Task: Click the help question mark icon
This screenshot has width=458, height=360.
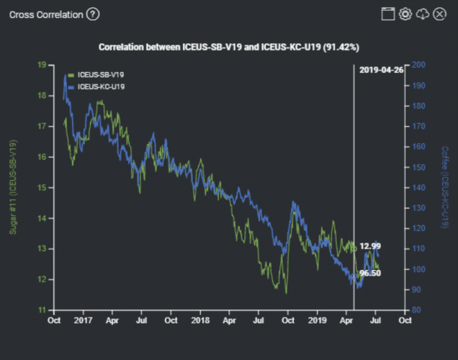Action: click(x=93, y=14)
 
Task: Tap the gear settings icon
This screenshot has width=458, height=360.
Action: click(x=405, y=14)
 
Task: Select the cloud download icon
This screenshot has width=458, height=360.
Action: click(x=423, y=14)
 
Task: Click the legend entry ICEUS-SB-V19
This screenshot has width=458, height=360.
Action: click(x=101, y=75)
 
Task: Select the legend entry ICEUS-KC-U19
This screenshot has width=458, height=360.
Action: click(x=101, y=86)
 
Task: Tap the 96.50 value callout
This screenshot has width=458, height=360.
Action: click(x=370, y=274)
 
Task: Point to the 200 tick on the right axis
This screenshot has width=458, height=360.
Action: click(x=418, y=65)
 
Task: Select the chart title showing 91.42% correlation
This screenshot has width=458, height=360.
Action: click(x=229, y=47)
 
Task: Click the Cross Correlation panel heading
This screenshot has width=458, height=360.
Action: click(x=46, y=14)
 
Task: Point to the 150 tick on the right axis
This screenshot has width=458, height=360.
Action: click(x=418, y=167)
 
